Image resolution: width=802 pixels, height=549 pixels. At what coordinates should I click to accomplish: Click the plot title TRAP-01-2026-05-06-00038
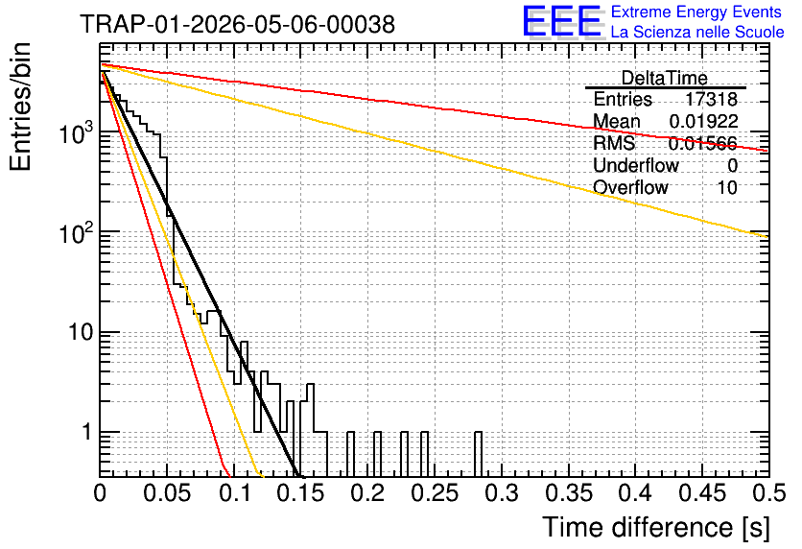tap(237, 24)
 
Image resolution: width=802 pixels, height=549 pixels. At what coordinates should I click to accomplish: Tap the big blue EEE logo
tap(562, 21)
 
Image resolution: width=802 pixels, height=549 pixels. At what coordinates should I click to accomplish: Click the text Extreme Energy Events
tap(696, 12)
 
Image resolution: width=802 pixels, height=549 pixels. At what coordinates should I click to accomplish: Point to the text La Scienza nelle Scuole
tap(697, 32)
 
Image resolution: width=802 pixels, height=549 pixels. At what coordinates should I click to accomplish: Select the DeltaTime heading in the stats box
tap(665, 78)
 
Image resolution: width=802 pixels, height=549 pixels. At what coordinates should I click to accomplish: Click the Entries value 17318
tap(712, 99)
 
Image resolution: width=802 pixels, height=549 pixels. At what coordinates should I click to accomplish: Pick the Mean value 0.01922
tap(704, 121)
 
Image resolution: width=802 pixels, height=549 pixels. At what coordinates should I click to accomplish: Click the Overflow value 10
tap(727, 187)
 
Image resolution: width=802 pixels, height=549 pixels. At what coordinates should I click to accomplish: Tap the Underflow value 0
tap(733, 165)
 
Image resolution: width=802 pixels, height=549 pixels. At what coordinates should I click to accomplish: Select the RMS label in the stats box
tap(614, 143)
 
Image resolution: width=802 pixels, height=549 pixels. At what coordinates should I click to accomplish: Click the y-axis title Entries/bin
tap(20, 107)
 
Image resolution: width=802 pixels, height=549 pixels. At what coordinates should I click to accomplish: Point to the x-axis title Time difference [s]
tap(656, 527)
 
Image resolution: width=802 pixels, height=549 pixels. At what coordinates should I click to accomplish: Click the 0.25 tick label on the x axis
tap(436, 493)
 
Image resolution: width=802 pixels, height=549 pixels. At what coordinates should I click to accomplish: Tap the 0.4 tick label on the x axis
tap(636, 493)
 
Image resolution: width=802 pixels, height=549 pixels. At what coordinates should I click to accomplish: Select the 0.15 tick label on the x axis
tap(301, 493)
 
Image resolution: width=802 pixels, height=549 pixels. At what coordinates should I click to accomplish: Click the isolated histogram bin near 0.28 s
tap(479, 454)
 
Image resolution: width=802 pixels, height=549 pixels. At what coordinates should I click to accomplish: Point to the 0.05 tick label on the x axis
tap(167, 493)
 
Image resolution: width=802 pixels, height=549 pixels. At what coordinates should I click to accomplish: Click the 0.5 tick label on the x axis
tap(769, 493)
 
